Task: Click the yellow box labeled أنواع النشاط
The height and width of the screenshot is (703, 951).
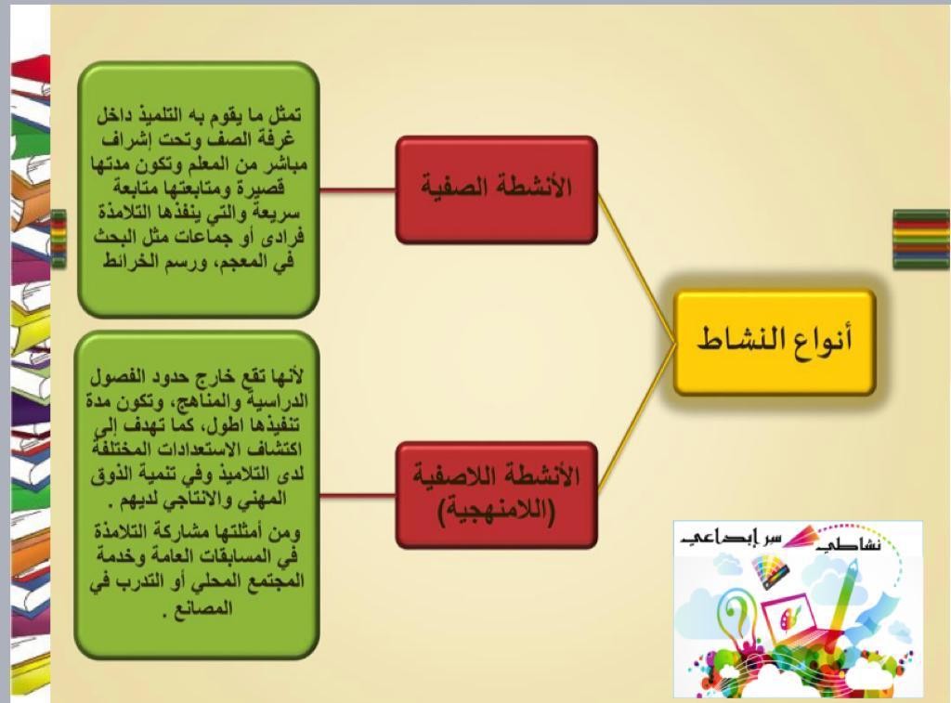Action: (x=775, y=343)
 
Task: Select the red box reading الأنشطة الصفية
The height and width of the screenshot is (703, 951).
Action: (x=496, y=189)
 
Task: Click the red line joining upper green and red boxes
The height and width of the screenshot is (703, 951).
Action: (x=358, y=190)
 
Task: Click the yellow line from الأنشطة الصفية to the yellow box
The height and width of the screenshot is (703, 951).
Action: (x=636, y=267)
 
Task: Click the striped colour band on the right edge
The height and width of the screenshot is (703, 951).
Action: (x=921, y=239)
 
